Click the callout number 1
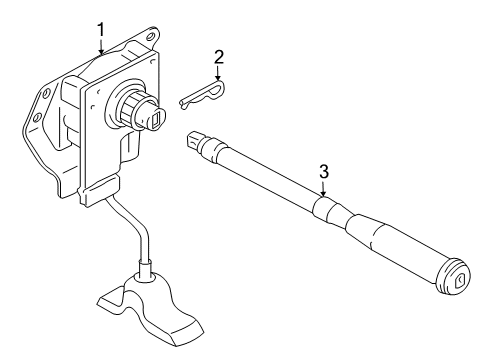tap(101, 29)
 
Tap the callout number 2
tap(219, 57)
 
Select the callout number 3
tap(324, 172)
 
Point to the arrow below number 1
tap(101, 46)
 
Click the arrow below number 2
tap(218, 73)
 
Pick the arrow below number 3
tap(323, 188)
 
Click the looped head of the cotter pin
tap(219, 87)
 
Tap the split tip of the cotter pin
tap(183, 103)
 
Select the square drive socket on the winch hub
tap(157, 119)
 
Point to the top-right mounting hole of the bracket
tap(150, 36)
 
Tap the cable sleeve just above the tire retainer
tap(145, 269)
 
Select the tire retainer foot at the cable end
tap(151, 307)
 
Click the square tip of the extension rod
tap(194, 140)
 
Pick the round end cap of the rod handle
tap(453, 276)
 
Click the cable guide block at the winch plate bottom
tap(99, 191)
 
